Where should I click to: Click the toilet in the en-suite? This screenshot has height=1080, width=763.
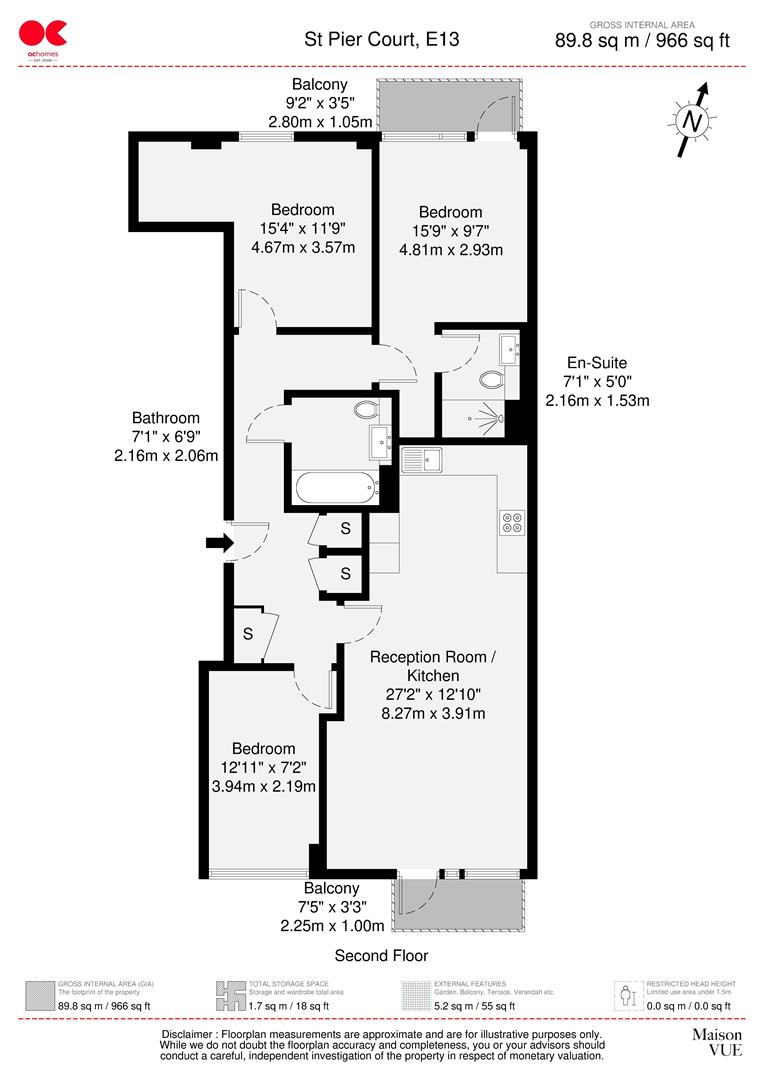(x=491, y=380)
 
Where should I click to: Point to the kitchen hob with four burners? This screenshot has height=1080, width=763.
(x=512, y=521)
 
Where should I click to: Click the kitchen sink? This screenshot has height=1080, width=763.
(x=423, y=460)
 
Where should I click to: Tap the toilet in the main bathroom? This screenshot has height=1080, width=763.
(x=365, y=409)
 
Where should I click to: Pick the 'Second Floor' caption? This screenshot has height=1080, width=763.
(x=381, y=955)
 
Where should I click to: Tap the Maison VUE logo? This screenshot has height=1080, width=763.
(x=717, y=1041)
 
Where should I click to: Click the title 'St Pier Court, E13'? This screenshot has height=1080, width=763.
(x=382, y=40)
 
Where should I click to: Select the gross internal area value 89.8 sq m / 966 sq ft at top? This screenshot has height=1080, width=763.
(x=642, y=41)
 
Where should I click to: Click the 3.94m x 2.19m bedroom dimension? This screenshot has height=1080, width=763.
(x=264, y=786)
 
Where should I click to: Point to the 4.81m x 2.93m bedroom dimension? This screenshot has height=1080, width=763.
(x=450, y=249)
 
